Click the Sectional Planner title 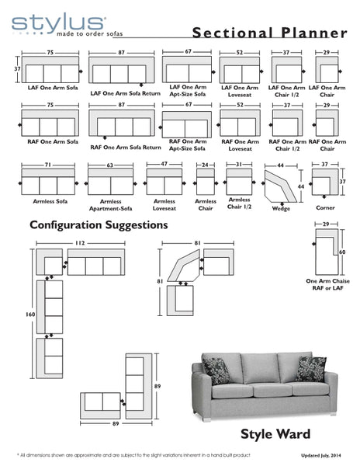coord(269,33)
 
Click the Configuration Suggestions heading coord(99,225)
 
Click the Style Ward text coord(276,433)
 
